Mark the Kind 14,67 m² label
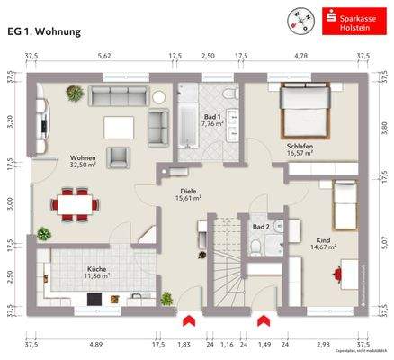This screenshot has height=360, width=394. tap(324, 242)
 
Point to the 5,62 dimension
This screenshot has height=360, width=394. tap(103, 56)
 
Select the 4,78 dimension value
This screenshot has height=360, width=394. tap(304, 56)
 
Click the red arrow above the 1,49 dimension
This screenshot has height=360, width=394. tap(262, 320)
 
